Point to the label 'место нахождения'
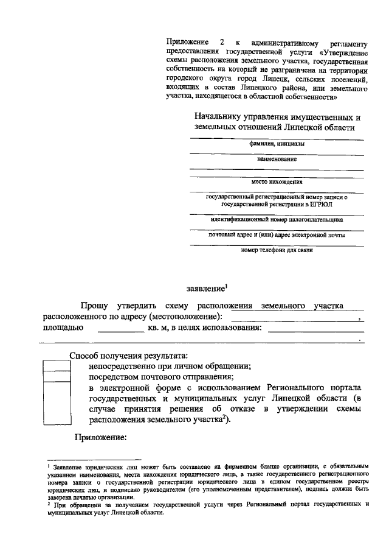(x=277, y=181)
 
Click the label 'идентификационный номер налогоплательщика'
(x=277, y=220)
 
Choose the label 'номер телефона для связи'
(x=277, y=250)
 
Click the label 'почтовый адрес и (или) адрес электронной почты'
(x=277, y=234)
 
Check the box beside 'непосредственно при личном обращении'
(x=57, y=367)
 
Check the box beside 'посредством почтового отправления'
(x=57, y=377)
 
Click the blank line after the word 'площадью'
(x=120, y=331)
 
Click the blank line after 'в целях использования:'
(x=315, y=331)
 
